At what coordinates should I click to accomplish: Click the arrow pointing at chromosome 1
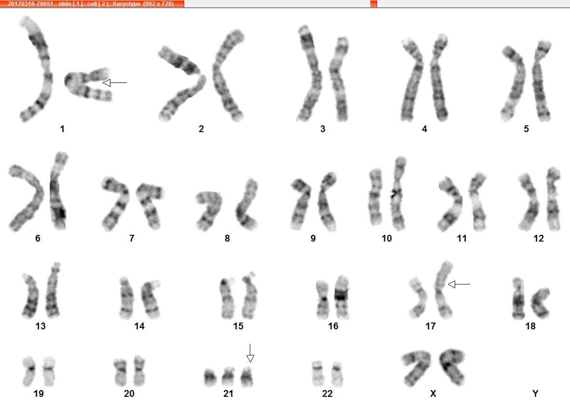pyautogui.click(x=115, y=83)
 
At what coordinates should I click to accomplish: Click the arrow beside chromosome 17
pyautogui.click(x=459, y=284)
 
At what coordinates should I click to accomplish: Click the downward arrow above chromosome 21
pyautogui.click(x=250, y=353)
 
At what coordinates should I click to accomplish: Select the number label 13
pyautogui.click(x=41, y=326)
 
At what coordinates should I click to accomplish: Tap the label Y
pyautogui.click(x=535, y=393)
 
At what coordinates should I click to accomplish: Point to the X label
pyautogui.click(x=433, y=393)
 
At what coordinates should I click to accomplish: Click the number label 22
pyautogui.click(x=327, y=393)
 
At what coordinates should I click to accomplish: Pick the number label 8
pyautogui.click(x=227, y=238)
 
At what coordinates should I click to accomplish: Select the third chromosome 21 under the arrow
pyautogui.click(x=247, y=377)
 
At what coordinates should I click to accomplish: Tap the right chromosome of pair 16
pyautogui.click(x=342, y=297)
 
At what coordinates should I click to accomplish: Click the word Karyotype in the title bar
pyautogui.click(x=126, y=4)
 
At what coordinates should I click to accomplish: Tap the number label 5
pyautogui.click(x=526, y=129)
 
